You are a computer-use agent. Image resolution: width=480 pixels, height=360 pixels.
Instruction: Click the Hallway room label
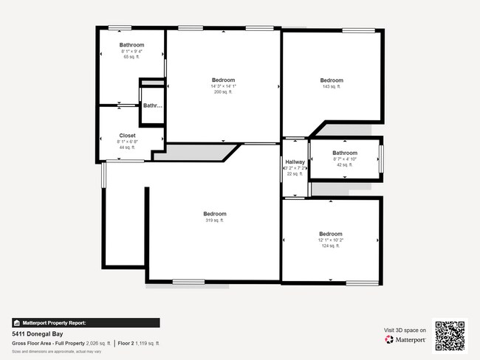295,162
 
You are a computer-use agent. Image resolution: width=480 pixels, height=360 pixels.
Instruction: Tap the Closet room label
128,136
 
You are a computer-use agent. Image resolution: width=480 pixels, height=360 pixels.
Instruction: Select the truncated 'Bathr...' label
153,105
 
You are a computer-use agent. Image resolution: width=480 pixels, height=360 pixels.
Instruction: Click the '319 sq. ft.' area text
214,221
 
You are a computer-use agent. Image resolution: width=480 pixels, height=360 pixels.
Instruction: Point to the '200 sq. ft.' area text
223,92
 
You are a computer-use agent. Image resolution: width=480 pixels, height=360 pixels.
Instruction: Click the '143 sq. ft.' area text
332,87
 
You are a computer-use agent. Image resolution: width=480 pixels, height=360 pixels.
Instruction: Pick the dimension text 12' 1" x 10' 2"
331,240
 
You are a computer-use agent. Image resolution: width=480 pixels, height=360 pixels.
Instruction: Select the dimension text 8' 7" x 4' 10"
345,159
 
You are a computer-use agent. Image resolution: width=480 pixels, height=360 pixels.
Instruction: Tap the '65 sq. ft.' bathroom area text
131,57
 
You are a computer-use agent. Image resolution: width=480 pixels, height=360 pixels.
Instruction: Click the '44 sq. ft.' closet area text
128,148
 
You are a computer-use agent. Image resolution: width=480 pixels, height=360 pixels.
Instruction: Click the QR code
450,336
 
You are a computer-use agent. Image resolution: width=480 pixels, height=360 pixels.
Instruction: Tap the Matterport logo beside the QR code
405,340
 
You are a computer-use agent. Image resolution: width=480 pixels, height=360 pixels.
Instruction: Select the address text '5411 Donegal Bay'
35,333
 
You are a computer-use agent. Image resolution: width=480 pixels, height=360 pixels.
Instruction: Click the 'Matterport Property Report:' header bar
86,322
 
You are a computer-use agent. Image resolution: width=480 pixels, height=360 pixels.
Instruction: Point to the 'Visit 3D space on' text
405,330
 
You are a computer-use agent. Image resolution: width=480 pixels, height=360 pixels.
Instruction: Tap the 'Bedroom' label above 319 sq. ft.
215,214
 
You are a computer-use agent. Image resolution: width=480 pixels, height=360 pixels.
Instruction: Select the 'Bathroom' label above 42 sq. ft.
345,153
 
